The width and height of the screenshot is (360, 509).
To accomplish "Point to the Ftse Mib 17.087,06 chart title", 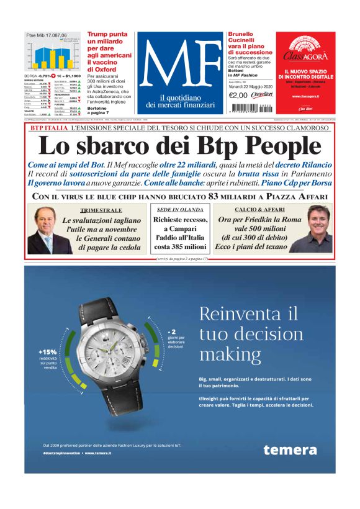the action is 46,35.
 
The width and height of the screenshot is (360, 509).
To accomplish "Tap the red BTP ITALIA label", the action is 49,128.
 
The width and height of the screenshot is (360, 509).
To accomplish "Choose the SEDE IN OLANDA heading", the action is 179,210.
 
